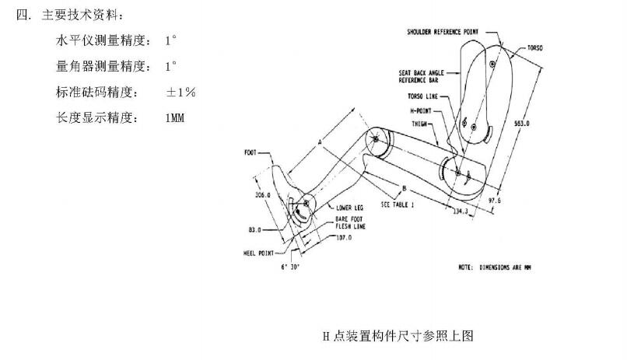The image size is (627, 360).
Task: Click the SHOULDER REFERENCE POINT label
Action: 443,32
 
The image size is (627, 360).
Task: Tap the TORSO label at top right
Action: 534,47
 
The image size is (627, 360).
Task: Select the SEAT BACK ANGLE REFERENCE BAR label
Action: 421,76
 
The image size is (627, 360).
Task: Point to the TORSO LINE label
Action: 422,96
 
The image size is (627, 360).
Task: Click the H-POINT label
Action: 421,110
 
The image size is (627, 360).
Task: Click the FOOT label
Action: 251,152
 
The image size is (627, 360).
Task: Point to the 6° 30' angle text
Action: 291,266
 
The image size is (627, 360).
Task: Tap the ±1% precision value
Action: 180,92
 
